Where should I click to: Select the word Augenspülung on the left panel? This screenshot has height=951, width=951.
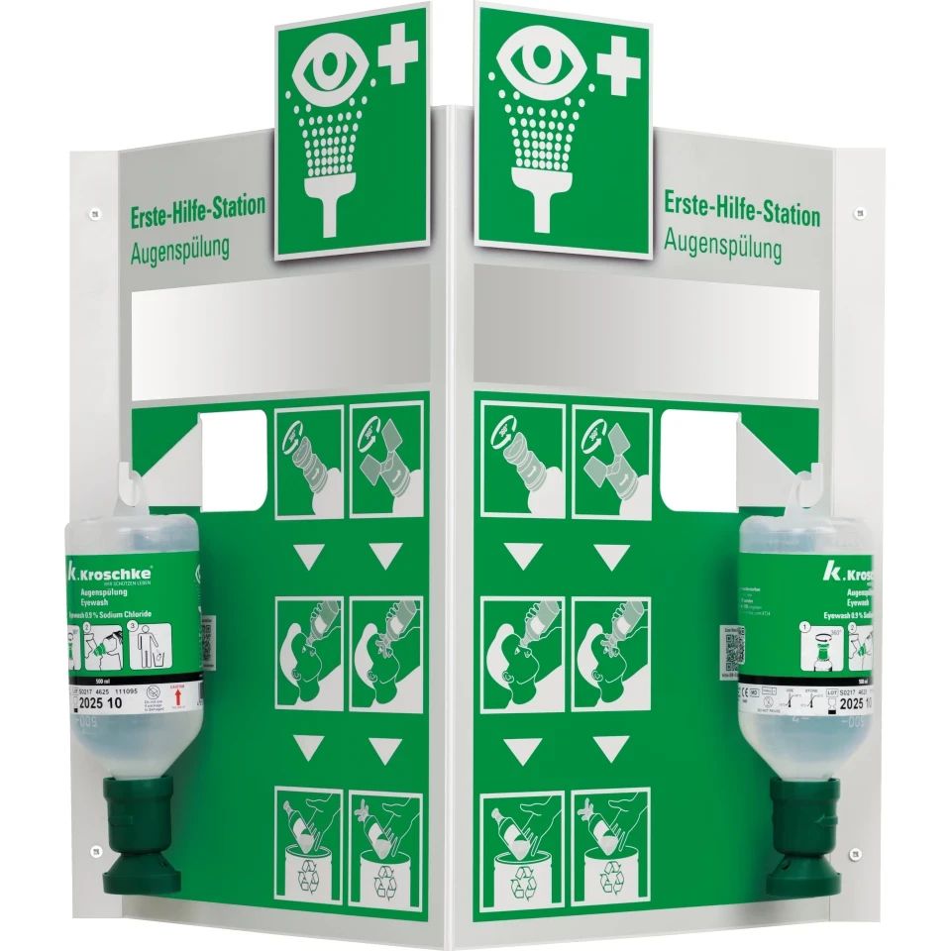pyautogui.click(x=179, y=249)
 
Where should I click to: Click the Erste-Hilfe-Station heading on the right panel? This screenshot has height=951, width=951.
pyautogui.click(x=741, y=210)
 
